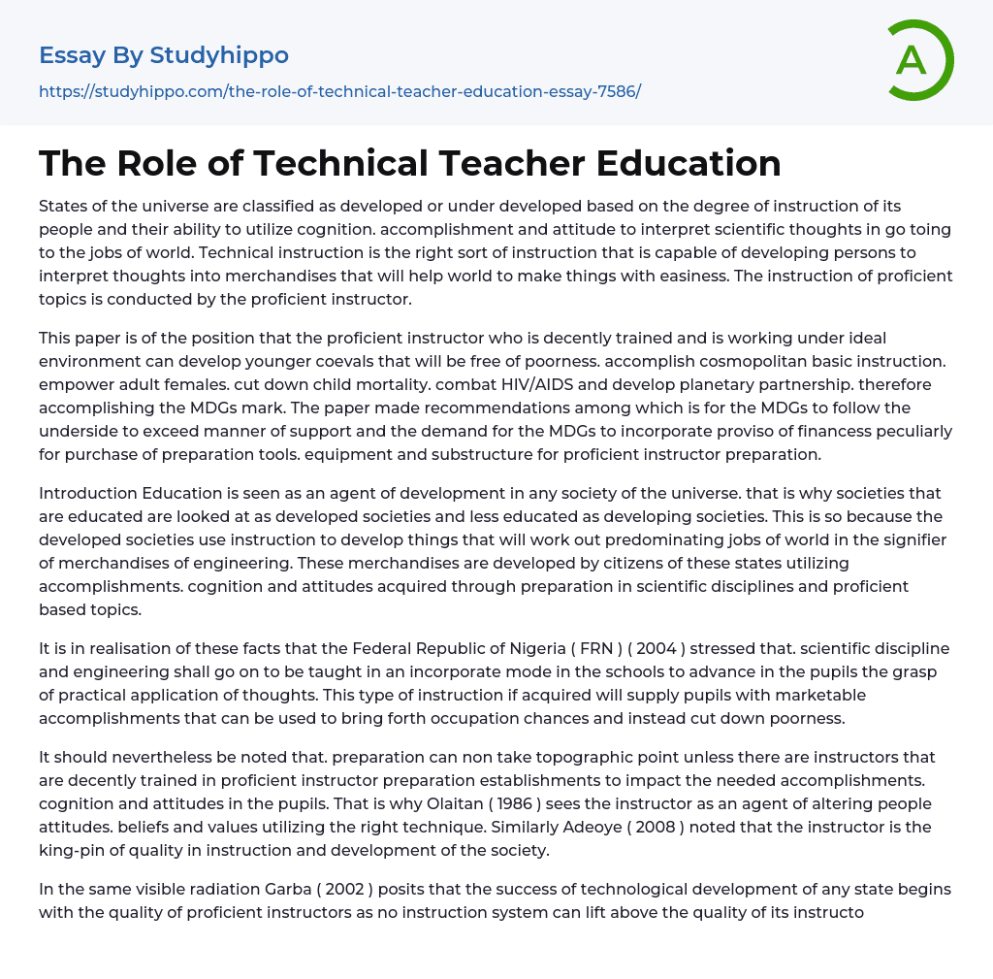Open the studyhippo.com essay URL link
tap(339, 91)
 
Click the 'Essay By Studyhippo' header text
tap(164, 55)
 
